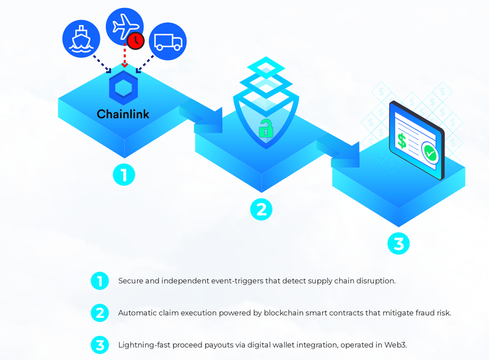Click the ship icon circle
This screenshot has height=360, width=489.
82,39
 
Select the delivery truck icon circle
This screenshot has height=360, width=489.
168,41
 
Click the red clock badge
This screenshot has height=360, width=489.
136,41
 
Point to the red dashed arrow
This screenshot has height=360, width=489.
124,57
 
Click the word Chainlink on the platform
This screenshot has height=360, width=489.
123,114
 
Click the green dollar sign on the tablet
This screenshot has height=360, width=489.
402,140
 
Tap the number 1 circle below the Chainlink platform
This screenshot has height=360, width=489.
124,175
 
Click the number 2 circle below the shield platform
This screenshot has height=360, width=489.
261,209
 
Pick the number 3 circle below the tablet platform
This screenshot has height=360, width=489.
399,244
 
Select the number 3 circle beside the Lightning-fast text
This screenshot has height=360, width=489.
100,345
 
